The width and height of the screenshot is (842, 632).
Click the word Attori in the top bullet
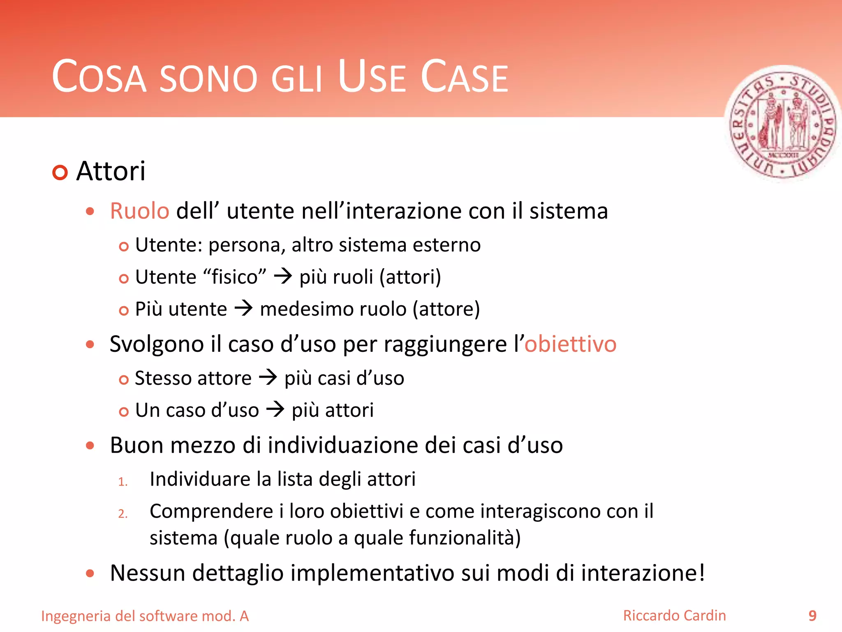pyautogui.click(x=111, y=171)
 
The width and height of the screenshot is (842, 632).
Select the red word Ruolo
pyautogui.click(x=139, y=211)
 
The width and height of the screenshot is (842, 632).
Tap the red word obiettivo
pyautogui.click(x=570, y=344)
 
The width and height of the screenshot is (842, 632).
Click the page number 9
pyautogui.click(x=812, y=616)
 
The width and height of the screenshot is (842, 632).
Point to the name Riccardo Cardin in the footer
pyautogui.click(x=674, y=616)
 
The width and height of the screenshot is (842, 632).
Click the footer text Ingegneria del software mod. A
pyautogui.click(x=145, y=616)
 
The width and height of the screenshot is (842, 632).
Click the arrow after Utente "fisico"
pyautogui.click(x=283, y=276)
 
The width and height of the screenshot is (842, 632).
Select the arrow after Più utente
pyautogui.click(x=243, y=308)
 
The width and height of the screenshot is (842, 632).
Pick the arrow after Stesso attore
pyautogui.click(x=268, y=377)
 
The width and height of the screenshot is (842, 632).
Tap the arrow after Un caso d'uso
pyautogui.click(x=275, y=409)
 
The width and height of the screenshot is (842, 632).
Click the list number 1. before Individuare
pyautogui.click(x=123, y=482)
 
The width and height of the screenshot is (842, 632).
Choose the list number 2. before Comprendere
pyautogui.click(x=123, y=514)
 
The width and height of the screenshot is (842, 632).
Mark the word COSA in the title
pyautogui.click(x=99, y=77)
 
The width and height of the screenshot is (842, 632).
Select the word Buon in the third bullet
pyautogui.click(x=136, y=445)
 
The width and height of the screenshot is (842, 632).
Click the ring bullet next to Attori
pyautogui.click(x=60, y=172)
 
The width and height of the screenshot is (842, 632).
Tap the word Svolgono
pyautogui.click(x=157, y=344)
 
